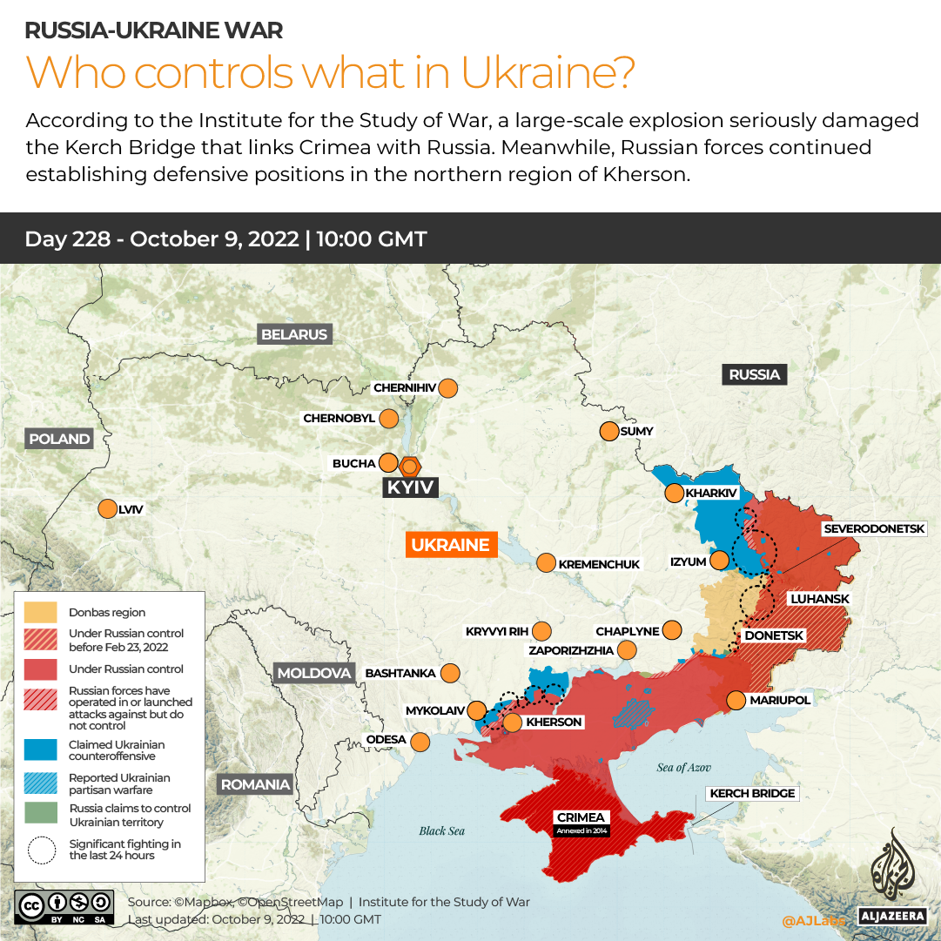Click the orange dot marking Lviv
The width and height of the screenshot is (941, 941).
(108, 509)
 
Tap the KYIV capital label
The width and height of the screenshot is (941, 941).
(410, 487)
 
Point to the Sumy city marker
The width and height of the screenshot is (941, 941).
(608, 431)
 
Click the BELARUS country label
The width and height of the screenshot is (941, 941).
(294, 334)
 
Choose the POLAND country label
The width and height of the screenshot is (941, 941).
(59, 439)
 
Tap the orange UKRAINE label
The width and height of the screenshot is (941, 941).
(450, 545)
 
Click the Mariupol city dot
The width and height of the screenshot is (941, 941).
(736, 700)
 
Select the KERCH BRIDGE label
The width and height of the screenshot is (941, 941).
(752, 793)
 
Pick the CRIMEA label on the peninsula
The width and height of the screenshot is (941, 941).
(581, 818)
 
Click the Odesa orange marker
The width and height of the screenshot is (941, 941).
(420, 742)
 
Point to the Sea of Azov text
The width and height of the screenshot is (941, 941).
(683, 768)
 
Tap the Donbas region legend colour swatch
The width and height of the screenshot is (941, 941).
(41, 613)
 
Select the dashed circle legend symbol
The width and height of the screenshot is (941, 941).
(41, 850)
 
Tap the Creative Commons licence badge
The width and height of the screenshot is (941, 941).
(64, 905)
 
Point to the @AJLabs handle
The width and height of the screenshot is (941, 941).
(812, 919)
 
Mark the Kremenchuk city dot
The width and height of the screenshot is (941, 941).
(545, 563)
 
